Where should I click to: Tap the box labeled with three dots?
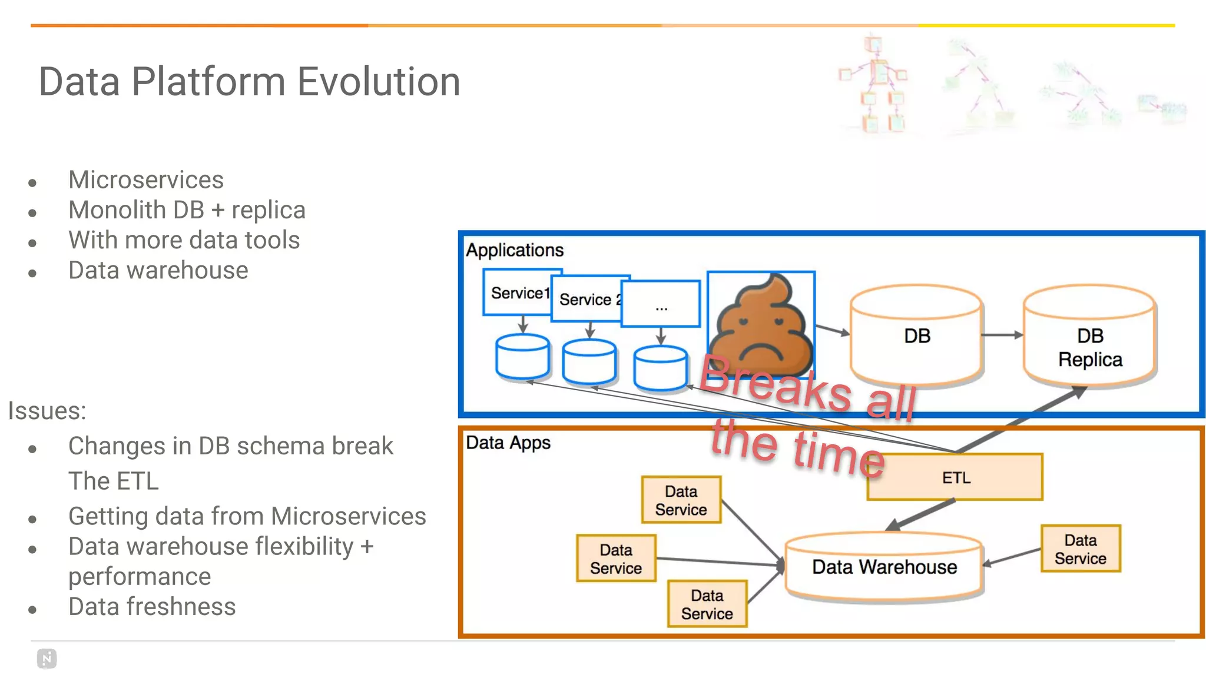[x=661, y=304]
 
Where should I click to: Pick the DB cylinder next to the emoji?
[x=916, y=336]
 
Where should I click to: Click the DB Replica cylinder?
[x=1090, y=337]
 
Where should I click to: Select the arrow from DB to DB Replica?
[x=1002, y=335]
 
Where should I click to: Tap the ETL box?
[x=955, y=477]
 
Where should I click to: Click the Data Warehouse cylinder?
[x=884, y=567]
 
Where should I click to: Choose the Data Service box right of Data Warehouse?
[x=1080, y=549]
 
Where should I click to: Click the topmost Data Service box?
[x=681, y=500]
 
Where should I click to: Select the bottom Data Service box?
[x=707, y=604]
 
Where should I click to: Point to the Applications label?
[x=515, y=250]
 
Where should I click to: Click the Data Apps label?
[x=508, y=443]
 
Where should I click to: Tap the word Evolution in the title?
[x=379, y=82]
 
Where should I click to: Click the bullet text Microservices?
[x=145, y=180]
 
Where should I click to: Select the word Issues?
[x=47, y=411]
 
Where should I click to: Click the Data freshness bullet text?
[x=151, y=607]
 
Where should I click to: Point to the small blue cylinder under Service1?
[x=522, y=356]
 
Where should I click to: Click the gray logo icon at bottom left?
[x=47, y=659]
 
